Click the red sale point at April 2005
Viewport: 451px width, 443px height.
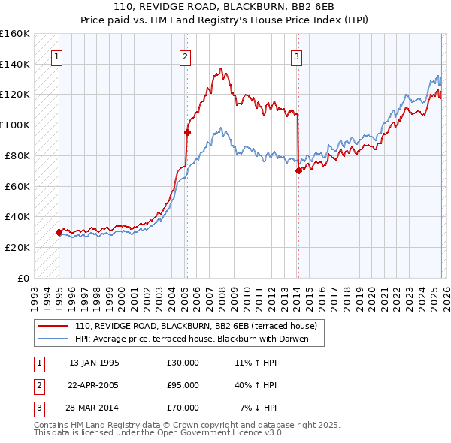coord(187,132)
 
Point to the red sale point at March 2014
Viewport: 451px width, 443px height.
coord(298,170)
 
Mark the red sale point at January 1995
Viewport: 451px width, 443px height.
coord(59,232)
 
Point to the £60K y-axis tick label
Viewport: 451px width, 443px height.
coord(17,186)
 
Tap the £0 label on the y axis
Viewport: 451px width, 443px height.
coord(24,278)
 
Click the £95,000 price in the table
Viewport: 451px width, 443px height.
coord(183,385)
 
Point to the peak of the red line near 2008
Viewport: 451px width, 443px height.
coord(220,68)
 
